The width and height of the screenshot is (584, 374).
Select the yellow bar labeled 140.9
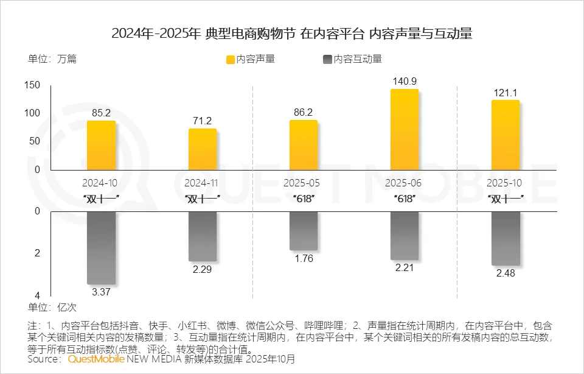(x=405, y=129)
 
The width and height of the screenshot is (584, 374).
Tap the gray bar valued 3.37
(x=101, y=247)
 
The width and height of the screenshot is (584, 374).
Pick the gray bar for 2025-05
(x=304, y=231)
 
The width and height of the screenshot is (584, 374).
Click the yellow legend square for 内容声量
(x=231, y=59)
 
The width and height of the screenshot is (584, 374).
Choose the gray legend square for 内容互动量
(x=328, y=59)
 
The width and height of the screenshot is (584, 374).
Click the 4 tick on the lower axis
(x=36, y=294)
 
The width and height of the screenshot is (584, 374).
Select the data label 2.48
(x=505, y=273)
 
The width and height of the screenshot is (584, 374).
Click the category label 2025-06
(x=404, y=183)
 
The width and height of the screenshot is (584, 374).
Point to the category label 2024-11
(x=202, y=183)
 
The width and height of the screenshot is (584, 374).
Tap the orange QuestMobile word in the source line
(x=96, y=359)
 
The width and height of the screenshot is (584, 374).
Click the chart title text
(x=292, y=34)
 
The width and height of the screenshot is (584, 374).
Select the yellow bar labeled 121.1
(x=505, y=135)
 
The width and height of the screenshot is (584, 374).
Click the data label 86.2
(x=303, y=112)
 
